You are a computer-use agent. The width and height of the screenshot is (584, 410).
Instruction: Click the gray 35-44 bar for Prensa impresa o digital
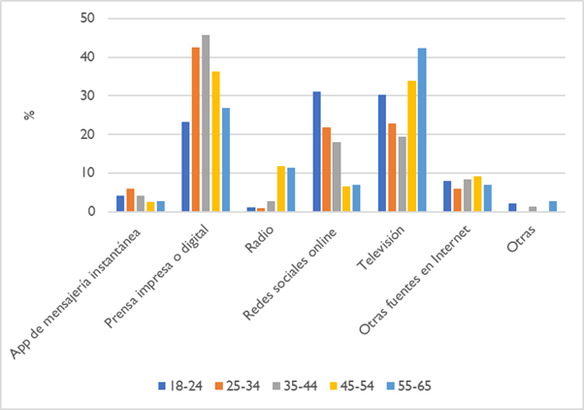pos(206,123)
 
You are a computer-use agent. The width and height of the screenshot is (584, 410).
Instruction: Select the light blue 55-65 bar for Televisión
pos(422,130)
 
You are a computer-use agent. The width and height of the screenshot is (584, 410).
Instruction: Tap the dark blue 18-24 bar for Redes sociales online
pos(316,152)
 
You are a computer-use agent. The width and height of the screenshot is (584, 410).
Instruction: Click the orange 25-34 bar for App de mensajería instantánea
pos(130,200)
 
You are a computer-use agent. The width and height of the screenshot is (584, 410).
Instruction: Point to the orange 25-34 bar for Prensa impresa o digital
pos(196,130)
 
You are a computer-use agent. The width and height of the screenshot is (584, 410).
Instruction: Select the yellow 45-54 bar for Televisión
pos(412,147)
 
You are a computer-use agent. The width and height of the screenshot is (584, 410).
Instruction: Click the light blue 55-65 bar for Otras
pos(553,207)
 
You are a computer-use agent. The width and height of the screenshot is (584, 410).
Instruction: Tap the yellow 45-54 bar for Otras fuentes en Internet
pos(477,194)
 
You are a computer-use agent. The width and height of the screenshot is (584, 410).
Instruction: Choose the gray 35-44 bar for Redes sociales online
pos(337,177)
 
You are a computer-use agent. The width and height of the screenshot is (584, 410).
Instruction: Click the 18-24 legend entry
pos(180,386)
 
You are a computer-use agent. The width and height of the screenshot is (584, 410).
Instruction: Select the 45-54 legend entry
pos(352,386)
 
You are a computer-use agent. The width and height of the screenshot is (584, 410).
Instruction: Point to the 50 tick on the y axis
pos(88,18)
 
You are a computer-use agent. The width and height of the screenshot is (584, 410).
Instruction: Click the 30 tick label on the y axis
pos(88,96)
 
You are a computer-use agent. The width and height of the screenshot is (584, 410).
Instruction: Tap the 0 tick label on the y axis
pos(91,212)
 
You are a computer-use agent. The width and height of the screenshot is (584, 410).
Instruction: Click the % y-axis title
pos(30,115)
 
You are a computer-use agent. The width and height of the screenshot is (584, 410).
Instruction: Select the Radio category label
pos(259,239)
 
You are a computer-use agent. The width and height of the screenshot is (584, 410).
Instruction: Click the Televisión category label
pos(380,248)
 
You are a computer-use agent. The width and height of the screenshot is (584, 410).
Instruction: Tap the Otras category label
pos(522,239)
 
